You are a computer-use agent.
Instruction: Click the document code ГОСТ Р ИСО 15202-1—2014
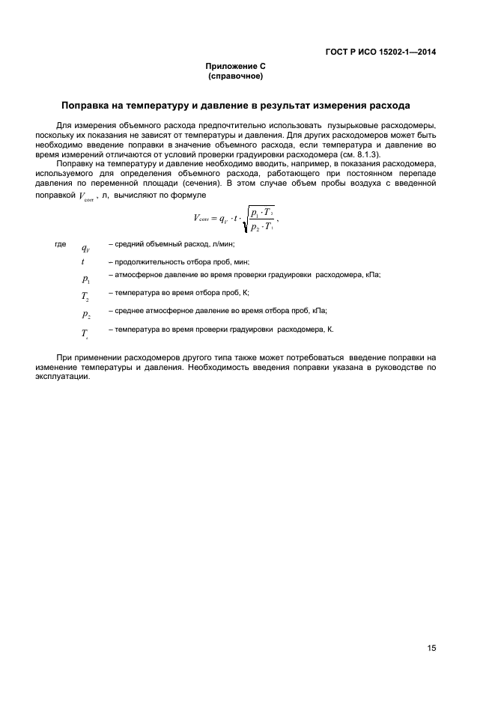pos(380,52)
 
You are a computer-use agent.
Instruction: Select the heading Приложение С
pos(236,67)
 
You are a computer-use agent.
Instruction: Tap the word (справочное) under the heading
pos(236,76)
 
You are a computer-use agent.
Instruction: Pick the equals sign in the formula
pos(214,219)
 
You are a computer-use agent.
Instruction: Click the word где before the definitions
pos(61,244)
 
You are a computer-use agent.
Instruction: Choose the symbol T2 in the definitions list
pos(85,297)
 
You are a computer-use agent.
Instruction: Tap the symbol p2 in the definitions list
pos(85,315)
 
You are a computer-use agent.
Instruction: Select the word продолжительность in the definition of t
pos(149,262)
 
